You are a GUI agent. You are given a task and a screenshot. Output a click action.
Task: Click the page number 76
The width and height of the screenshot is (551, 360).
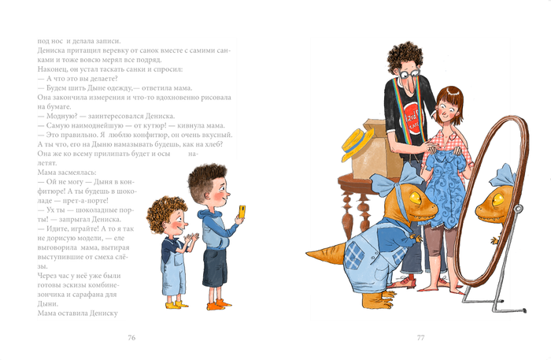pos(131,338)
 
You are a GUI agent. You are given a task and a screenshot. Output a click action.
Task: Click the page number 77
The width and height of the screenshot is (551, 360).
pos(421,338)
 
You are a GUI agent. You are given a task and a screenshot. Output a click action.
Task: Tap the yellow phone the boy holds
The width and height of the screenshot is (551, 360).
pos(242,211)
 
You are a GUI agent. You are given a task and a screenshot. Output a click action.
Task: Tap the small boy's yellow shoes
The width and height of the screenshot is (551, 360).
pos(177,302)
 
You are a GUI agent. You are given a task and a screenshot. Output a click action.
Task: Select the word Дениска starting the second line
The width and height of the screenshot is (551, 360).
pos(54,50)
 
